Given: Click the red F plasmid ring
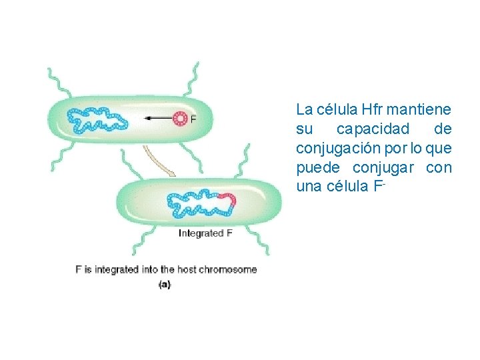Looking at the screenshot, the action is point(179,119).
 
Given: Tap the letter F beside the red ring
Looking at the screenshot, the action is point(193,119).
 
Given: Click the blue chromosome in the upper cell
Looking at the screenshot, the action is point(96,121).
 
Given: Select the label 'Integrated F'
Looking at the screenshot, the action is point(205,233).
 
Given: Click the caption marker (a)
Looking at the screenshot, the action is point(165,285).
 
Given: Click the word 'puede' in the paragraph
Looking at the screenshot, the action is point(317,167).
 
